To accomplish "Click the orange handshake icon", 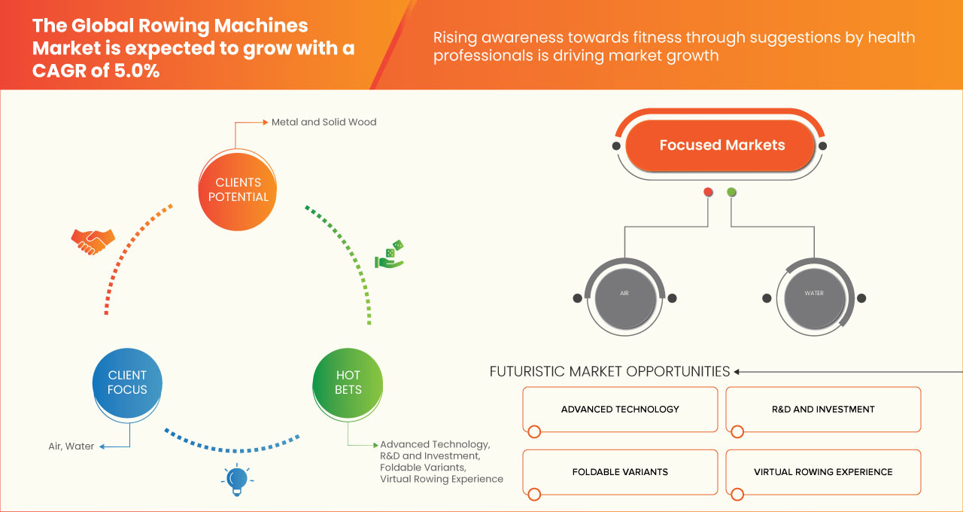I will coord(93,241).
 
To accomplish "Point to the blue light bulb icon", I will coord(237,480).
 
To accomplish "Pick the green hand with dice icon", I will coord(390,255).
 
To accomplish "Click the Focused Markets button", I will coord(721,145).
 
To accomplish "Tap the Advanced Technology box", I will coord(620,410).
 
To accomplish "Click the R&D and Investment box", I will coord(823,410).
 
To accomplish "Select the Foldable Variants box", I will coord(620,472).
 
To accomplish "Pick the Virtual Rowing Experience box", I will coord(823,472).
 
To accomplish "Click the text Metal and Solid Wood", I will coord(324,122).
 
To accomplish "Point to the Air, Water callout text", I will coord(71,446).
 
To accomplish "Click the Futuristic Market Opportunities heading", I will coord(609,371).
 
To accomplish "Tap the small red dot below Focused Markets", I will coord(708,192).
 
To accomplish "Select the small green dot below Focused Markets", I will coord(731,192).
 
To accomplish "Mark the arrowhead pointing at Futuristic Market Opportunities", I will coord(737,371).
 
